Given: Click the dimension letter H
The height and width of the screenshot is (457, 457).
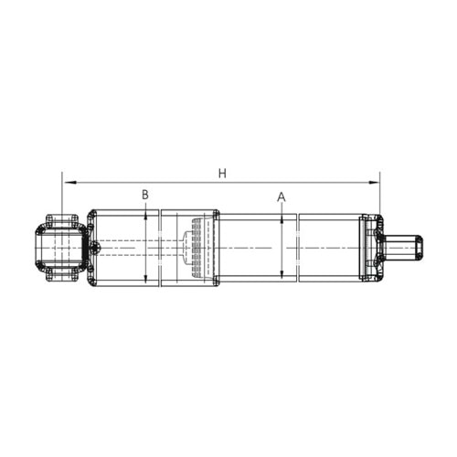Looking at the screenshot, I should pyautogui.click(x=220, y=172).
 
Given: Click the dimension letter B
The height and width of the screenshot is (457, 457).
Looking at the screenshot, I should pyautogui.click(x=145, y=195).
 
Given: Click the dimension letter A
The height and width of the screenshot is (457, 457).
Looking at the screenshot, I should pyautogui.click(x=282, y=197).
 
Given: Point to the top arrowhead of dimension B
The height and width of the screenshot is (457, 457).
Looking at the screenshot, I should pyautogui.click(x=146, y=215).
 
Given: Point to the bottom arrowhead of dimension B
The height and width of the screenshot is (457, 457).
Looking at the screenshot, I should pyautogui.click(x=146, y=282).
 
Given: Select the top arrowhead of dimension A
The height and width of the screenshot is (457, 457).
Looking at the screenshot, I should pyautogui.click(x=282, y=218).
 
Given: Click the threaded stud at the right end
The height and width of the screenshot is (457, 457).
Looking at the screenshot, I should pyautogui.click(x=404, y=247).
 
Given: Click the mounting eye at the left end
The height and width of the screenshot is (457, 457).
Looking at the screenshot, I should pyautogui.click(x=61, y=247).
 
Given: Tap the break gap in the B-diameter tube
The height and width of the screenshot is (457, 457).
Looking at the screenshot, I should pyautogui.click(x=160, y=248).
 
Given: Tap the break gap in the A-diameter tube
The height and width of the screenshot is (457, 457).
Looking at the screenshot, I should pyautogui.click(x=297, y=247).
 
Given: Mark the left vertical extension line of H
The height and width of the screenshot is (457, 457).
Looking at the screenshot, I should pyautogui.click(x=62, y=197).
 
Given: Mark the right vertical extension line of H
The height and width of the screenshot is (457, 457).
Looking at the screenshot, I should pyautogui.click(x=379, y=197).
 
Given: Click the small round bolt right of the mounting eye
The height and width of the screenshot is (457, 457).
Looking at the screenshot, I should pyautogui.click(x=93, y=249).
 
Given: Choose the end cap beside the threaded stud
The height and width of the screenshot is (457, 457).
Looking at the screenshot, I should pyautogui.click(x=370, y=247).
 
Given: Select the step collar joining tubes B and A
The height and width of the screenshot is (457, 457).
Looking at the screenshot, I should pyautogui.click(x=217, y=248).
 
